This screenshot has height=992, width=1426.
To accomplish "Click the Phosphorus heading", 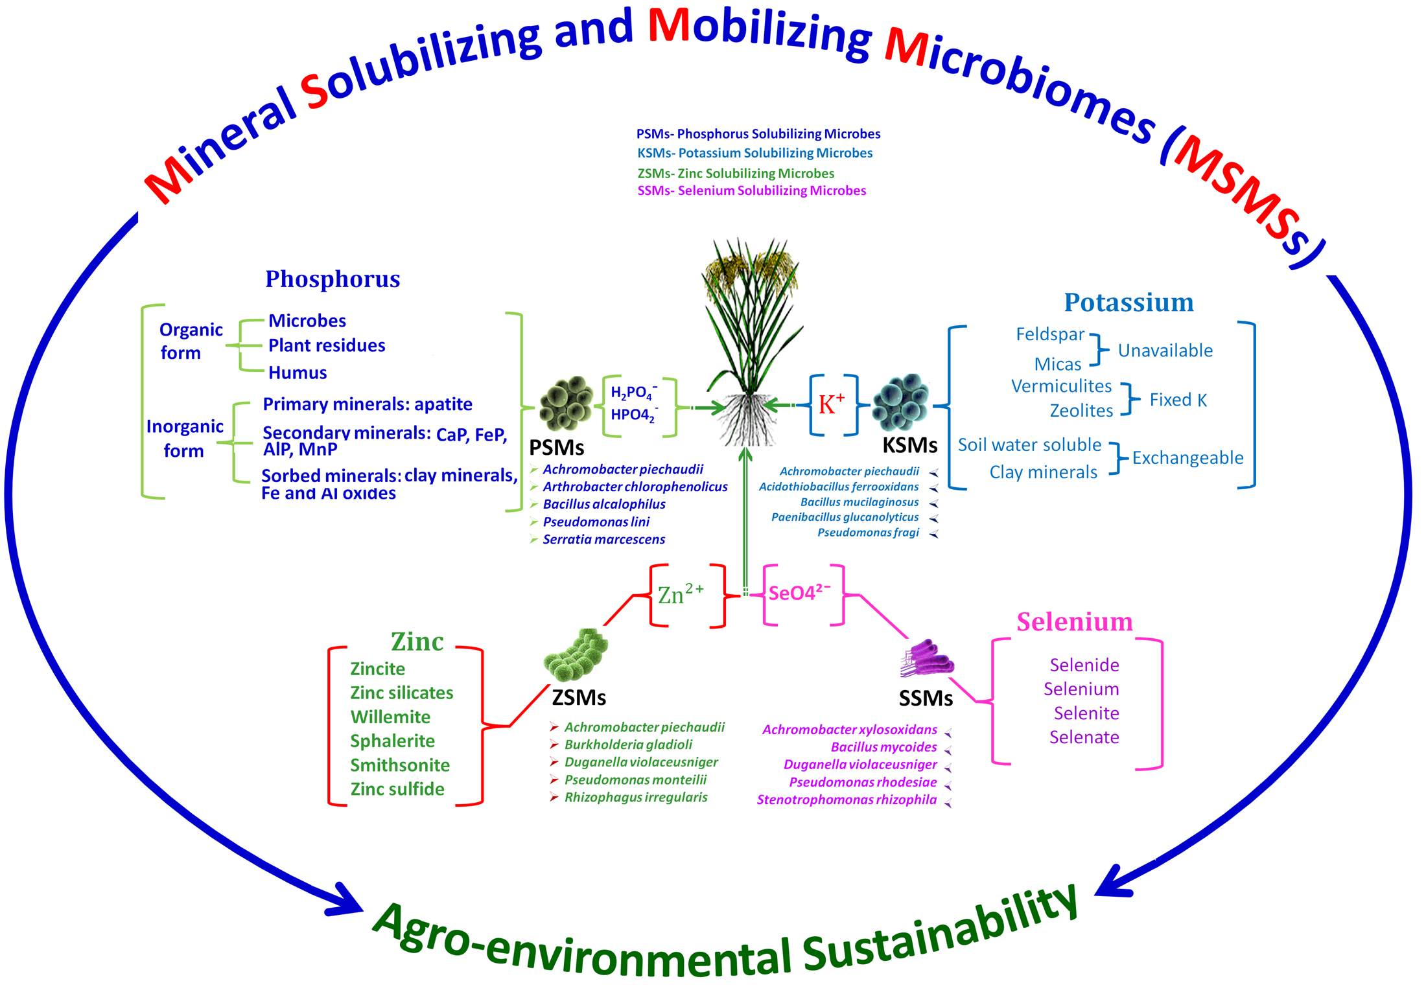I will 333,279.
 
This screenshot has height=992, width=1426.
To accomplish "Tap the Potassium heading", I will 1128,303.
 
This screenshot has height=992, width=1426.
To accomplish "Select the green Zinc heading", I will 417,641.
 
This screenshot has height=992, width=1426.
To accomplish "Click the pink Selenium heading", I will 1074,622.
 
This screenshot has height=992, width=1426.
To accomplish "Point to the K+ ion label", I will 832,404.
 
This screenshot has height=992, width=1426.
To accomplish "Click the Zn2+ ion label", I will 681,594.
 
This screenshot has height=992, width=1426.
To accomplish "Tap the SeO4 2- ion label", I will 799,592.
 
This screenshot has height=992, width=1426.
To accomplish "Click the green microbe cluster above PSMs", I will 567,404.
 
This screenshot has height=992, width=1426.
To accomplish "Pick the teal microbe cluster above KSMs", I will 901,402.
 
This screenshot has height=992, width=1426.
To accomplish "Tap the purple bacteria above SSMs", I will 928,660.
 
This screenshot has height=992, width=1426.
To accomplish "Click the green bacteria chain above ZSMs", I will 576,654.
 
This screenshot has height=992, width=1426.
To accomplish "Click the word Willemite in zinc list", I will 390,717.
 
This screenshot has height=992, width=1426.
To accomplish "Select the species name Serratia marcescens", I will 603,540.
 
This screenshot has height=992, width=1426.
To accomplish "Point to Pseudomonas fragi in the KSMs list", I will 868,533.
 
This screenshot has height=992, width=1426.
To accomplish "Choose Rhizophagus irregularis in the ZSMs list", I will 635,798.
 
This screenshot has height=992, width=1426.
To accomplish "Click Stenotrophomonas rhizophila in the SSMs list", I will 847,800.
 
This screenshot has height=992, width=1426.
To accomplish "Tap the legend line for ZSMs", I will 736,174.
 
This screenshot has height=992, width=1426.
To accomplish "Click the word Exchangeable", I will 1187,458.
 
